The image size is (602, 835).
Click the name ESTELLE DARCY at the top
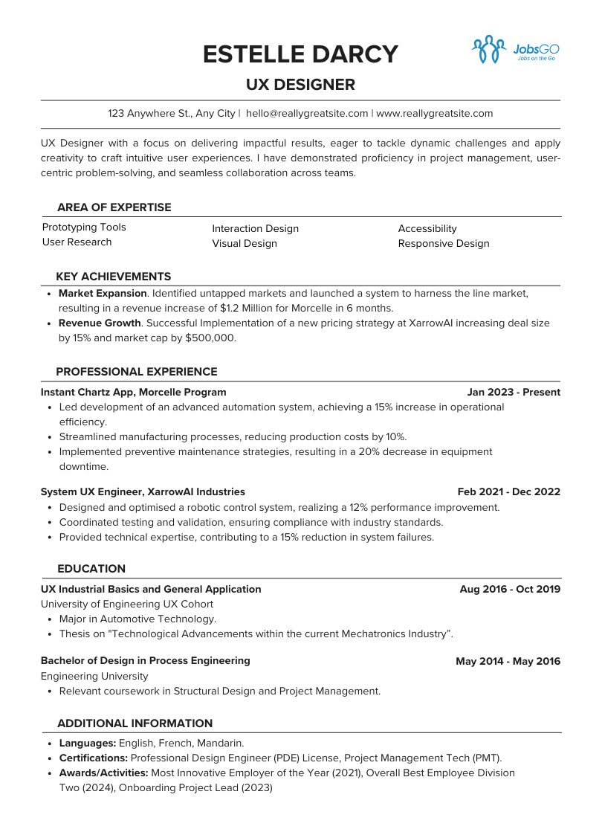300,54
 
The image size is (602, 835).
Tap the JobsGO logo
515,49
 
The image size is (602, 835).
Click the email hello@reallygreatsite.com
307,114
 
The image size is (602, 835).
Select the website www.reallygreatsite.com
435,114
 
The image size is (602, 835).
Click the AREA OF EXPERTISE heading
114,207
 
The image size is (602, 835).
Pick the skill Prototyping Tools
84,228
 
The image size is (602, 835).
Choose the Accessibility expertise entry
427,229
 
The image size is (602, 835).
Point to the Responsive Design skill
444,243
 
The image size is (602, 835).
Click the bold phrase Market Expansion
103,294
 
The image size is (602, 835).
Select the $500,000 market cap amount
211,338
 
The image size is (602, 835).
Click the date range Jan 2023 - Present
514,392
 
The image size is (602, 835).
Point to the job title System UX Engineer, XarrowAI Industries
143,491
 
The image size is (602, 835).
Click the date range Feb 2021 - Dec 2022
508,491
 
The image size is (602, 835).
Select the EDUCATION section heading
91,569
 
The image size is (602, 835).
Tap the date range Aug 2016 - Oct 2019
510,589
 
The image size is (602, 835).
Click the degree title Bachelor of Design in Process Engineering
146,660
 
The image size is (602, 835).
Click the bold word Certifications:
94,758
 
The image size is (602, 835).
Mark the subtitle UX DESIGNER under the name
300,85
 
